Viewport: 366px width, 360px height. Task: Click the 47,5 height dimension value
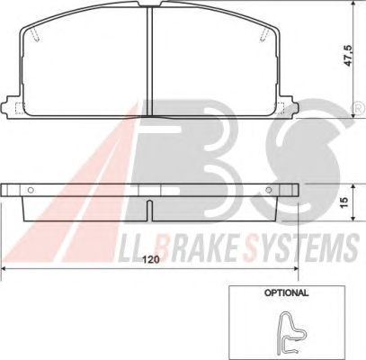click(x=348, y=56)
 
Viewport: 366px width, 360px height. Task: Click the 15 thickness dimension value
click(x=344, y=202)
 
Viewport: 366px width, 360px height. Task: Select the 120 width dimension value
click(x=150, y=259)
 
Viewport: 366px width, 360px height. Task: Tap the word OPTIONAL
click(x=286, y=292)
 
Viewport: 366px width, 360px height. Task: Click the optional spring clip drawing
click(x=290, y=333)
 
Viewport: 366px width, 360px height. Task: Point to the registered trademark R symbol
click(x=358, y=109)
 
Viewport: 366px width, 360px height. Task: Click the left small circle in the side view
click(x=31, y=190)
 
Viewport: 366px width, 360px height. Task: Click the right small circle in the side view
click(x=269, y=190)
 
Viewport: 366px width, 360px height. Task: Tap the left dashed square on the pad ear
click(x=20, y=108)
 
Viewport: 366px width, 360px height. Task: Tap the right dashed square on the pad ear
click(x=280, y=108)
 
